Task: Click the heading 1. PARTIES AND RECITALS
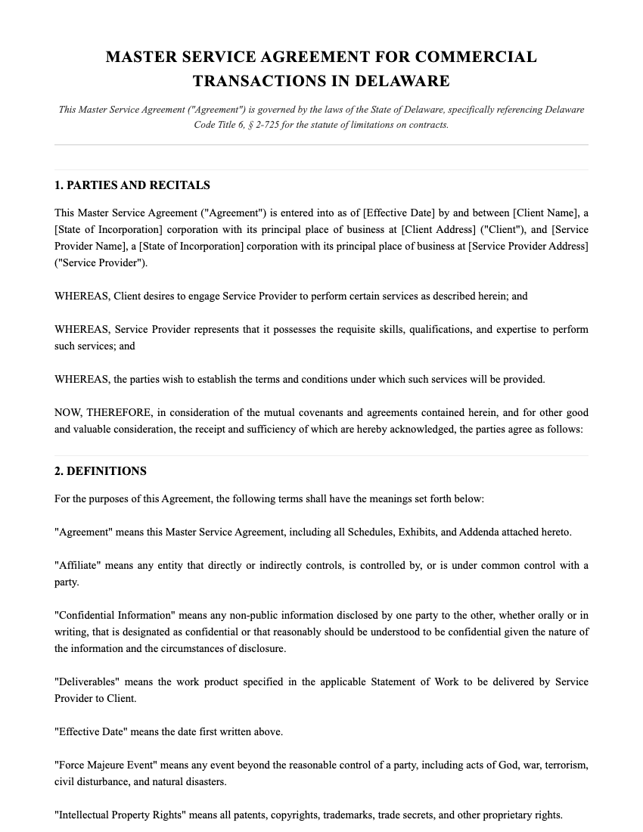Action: [132, 185]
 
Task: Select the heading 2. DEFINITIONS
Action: [101, 471]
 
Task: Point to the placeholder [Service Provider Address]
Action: [528, 246]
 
